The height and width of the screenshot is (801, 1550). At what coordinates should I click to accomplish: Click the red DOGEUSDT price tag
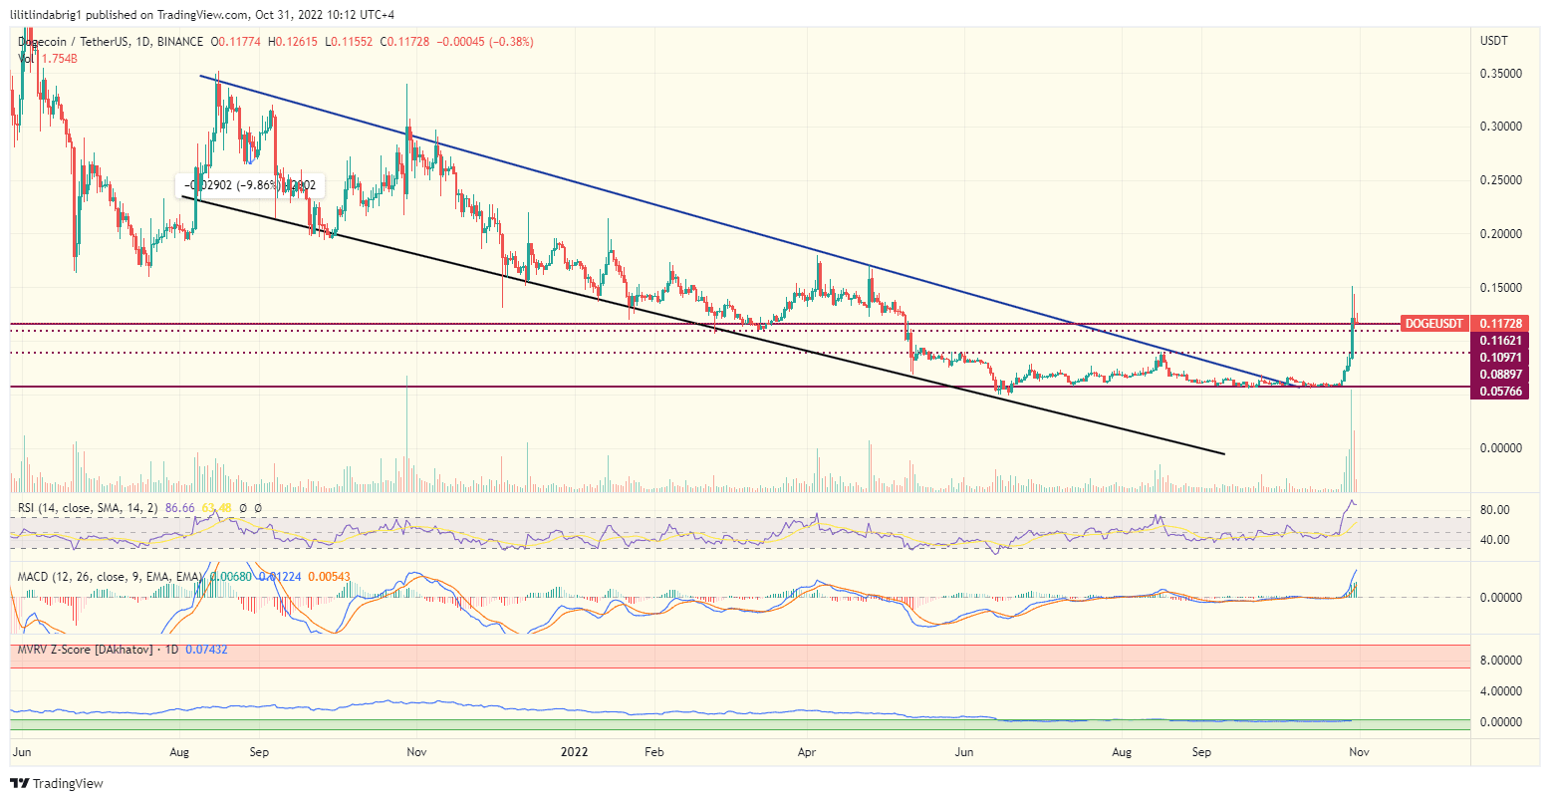pyautogui.click(x=1433, y=324)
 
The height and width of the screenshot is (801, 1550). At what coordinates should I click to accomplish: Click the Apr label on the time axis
pyautogui.click(x=807, y=752)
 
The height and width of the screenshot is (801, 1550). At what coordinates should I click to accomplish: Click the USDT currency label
pyautogui.click(x=1495, y=41)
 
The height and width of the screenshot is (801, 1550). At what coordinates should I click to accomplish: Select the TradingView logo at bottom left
pyautogui.click(x=57, y=784)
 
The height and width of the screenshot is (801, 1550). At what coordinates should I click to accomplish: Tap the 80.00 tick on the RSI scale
pyautogui.click(x=1495, y=510)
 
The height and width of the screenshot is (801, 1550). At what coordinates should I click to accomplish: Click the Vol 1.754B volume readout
pyautogui.click(x=48, y=59)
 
